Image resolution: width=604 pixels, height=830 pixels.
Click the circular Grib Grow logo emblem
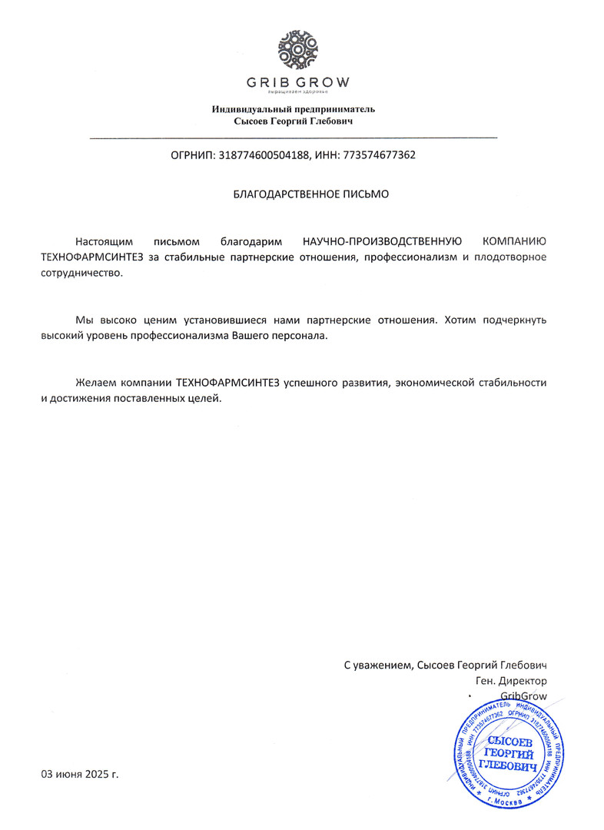click(296, 50)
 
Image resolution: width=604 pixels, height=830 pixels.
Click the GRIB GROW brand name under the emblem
click(297, 82)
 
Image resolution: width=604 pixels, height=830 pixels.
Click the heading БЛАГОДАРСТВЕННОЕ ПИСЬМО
click(310, 194)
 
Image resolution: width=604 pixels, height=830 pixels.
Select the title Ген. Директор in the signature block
click(512, 680)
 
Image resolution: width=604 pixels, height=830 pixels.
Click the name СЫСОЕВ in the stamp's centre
click(508, 741)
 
